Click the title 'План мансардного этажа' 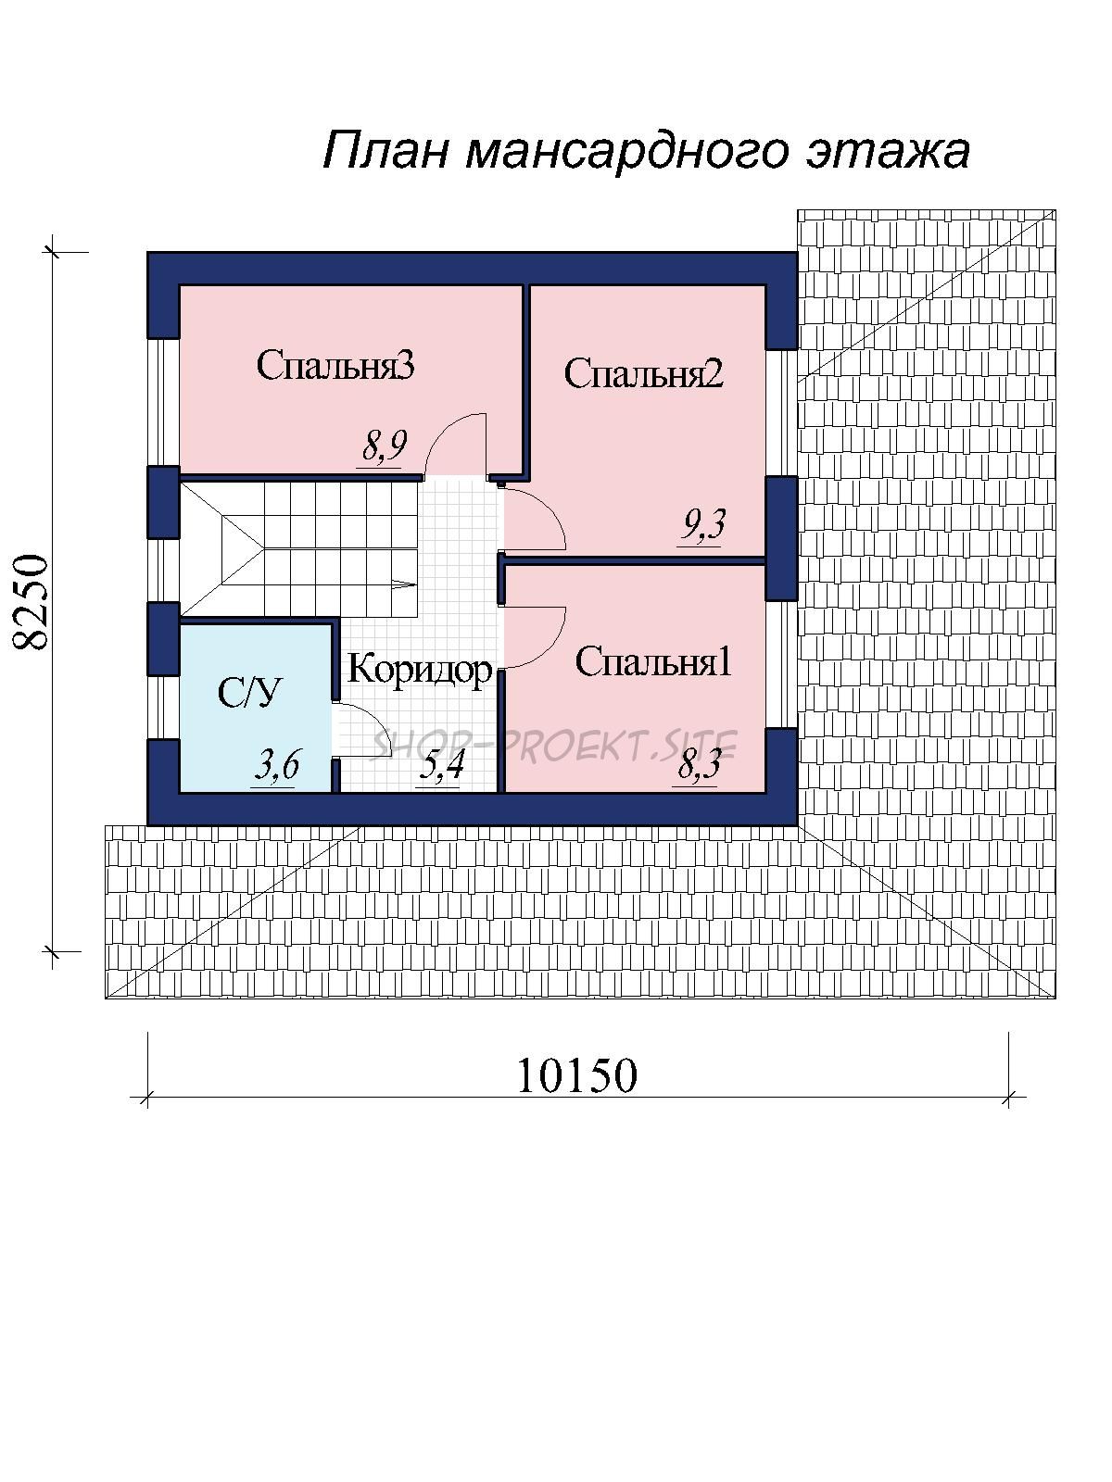point(646,150)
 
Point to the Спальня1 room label point(653,661)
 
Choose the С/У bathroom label point(248,692)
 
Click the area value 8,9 point(385,446)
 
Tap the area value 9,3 point(702,524)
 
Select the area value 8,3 point(698,765)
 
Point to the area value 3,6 point(276,766)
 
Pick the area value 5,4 point(440,766)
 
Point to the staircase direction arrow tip point(416,584)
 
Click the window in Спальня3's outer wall point(163,402)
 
